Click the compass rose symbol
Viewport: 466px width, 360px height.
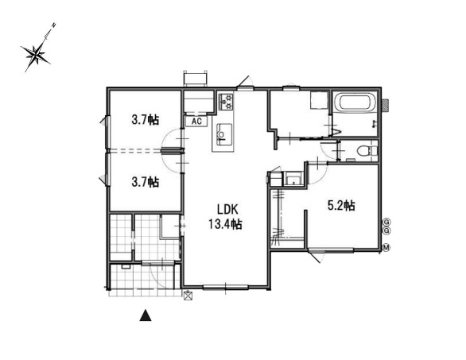36,54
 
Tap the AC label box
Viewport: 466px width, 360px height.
196,121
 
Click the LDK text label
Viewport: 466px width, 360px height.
227,210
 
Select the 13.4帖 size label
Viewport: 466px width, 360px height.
225,224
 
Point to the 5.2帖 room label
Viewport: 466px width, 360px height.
341,205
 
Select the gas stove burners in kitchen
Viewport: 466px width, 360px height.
226,101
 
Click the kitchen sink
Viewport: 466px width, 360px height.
223,134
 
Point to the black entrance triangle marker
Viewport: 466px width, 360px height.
146,315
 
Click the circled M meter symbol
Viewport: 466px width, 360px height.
386,247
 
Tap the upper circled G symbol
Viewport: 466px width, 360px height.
386,222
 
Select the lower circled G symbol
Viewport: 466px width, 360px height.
386,230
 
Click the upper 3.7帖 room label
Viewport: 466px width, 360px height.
145,120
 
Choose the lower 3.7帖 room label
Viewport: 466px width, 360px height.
145,181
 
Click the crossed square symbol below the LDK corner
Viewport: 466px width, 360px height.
188,296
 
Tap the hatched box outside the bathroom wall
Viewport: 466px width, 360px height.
385,105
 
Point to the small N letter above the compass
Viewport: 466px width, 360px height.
54,25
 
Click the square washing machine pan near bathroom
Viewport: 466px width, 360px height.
319,100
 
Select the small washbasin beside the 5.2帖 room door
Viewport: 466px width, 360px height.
294,179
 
